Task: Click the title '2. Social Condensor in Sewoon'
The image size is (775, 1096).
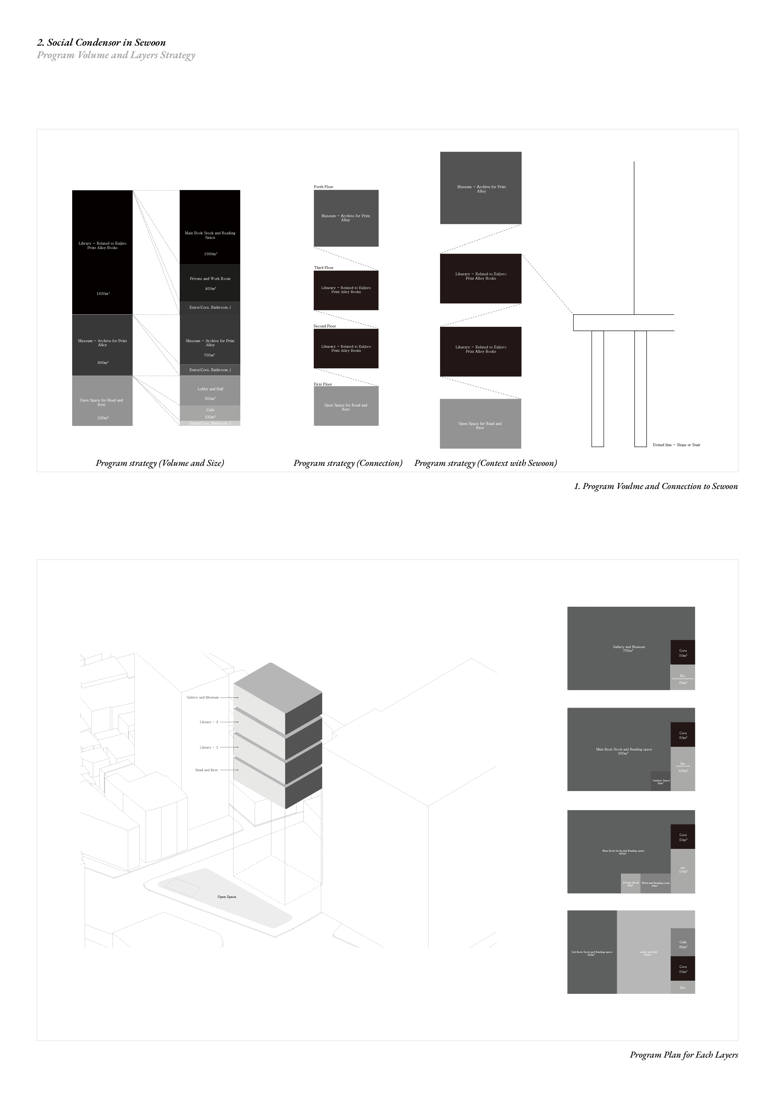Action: (101, 42)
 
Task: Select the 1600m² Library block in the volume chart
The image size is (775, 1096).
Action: (102, 252)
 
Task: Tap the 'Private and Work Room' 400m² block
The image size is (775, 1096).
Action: (210, 283)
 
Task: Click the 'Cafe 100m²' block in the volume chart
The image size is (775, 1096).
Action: (210, 413)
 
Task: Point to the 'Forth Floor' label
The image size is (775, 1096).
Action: (323, 187)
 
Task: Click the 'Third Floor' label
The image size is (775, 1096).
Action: (323, 268)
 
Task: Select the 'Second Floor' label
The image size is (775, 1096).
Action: (325, 326)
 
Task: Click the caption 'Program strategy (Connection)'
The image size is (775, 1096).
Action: (347, 463)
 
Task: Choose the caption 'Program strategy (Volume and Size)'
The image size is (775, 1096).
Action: (159, 463)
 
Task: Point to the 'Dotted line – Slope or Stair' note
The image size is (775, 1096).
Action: (676, 445)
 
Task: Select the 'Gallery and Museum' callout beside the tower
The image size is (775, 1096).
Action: (202, 697)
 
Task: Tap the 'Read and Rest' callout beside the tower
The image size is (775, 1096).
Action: (206, 770)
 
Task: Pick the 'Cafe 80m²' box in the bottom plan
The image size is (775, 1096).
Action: (683, 945)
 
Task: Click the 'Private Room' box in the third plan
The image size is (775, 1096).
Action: (630, 884)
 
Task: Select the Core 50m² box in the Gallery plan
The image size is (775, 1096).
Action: (683, 653)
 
